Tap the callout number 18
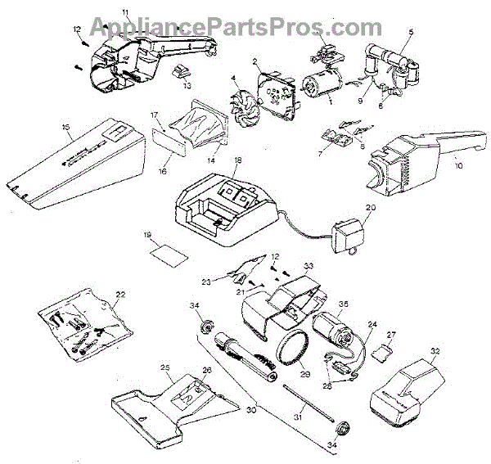[x=237, y=161]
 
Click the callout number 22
[x=120, y=294]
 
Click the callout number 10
[x=457, y=164]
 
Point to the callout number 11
[x=125, y=11]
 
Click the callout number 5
[x=412, y=33]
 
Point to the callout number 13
[x=187, y=85]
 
